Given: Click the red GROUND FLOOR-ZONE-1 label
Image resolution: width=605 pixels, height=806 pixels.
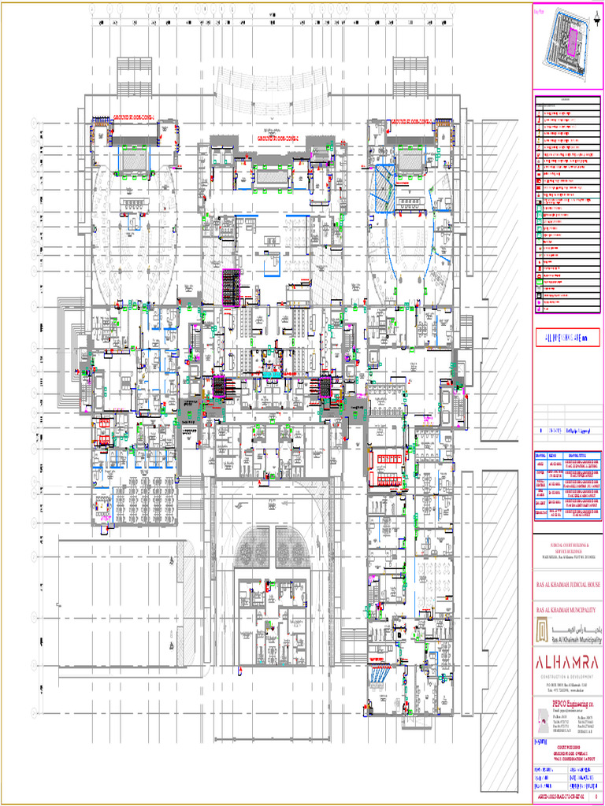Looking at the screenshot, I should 135,117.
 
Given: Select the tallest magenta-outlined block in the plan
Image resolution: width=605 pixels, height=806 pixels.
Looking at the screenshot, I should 231,287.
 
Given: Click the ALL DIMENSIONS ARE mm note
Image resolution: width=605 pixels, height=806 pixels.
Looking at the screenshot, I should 567,337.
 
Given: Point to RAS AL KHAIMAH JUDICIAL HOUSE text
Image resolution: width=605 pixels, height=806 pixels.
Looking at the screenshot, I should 568,585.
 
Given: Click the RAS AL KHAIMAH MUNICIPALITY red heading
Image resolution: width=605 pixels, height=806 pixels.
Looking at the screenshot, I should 568,611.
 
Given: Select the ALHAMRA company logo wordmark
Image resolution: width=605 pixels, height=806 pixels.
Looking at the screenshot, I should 568,660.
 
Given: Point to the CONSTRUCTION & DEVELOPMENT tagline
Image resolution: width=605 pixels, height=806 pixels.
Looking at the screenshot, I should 568,675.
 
